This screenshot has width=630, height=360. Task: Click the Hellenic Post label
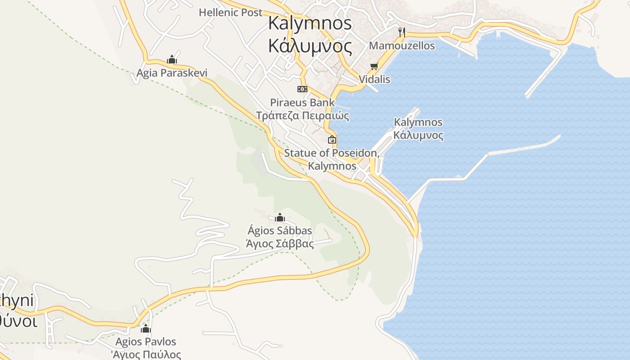(230, 12)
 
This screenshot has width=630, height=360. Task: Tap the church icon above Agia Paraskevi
(171, 59)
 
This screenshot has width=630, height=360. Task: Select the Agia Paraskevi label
(172, 72)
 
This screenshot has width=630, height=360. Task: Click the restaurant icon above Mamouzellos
(402, 32)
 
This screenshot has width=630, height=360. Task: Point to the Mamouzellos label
(402, 45)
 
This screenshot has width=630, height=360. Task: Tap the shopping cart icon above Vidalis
(374, 67)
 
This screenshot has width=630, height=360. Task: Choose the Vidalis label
(374, 79)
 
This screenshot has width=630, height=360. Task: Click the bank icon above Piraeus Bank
(302, 89)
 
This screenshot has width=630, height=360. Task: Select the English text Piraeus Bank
(302, 102)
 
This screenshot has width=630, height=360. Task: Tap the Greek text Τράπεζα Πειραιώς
(302, 115)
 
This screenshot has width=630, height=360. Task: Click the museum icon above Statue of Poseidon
(332, 139)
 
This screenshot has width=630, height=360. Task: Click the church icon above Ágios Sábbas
(280, 218)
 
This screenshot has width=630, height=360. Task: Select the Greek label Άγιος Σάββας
(279, 244)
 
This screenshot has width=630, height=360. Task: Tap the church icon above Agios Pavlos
(146, 328)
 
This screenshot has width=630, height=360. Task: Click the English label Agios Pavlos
(146, 342)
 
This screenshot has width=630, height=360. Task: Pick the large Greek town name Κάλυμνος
(310, 45)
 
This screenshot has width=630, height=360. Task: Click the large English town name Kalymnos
(310, 23)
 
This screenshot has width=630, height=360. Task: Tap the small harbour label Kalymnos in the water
(418, 122)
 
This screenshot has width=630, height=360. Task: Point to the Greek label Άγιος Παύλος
(146, 355)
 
